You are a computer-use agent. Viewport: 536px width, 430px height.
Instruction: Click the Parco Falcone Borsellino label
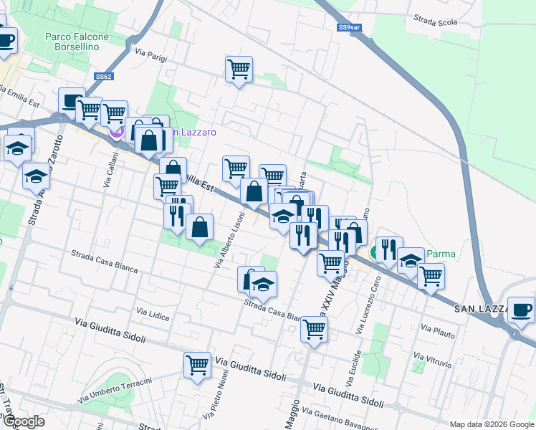(x=77, y=42)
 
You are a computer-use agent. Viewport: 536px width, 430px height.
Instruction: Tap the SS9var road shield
(x=348, y=28)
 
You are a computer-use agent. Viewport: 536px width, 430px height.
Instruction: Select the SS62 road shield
(x=104, y=76)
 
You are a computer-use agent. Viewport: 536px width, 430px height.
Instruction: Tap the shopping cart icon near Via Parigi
(x=239, y=70)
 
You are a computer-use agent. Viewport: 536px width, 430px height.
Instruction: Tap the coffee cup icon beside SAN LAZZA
(x=520, y=310)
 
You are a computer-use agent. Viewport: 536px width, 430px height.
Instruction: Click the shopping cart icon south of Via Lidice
(x=197, y=364)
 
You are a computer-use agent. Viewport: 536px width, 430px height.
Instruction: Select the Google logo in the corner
(x=24, y=421)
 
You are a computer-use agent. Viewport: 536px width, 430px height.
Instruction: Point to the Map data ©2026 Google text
(x=491, y=424)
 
